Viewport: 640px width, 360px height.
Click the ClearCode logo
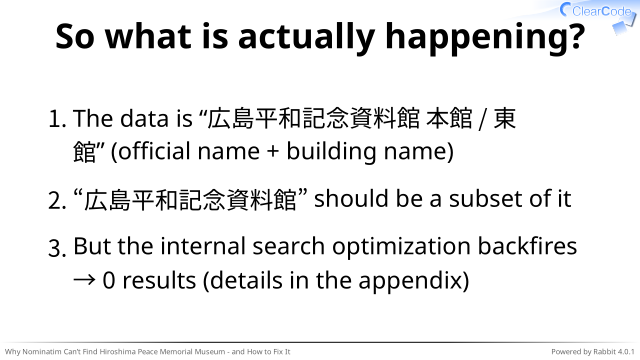(x=596, y=11)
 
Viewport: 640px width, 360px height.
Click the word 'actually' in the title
(x=307, y=38)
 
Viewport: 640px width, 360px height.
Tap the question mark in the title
(x=577, y=36)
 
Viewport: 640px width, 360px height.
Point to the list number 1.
(x=57, y=119)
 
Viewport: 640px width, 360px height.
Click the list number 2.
(x=57, y=200)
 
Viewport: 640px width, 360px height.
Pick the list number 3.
(x=57, y=248)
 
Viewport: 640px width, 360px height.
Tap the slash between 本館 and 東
(x=483, y=119)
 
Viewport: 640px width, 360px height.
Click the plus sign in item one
(x=273, y=152)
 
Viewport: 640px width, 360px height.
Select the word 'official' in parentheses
(x=154, y=151)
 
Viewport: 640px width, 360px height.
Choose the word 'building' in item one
(x=331, y=152)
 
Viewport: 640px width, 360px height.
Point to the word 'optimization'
(x=402, y=248)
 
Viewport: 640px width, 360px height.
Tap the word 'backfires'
(x=527, y=246)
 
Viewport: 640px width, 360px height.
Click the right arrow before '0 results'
(x=84, y=280)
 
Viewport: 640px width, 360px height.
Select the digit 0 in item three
(x=109, y=281)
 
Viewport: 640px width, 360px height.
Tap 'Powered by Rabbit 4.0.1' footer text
(x=593, y=351)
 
